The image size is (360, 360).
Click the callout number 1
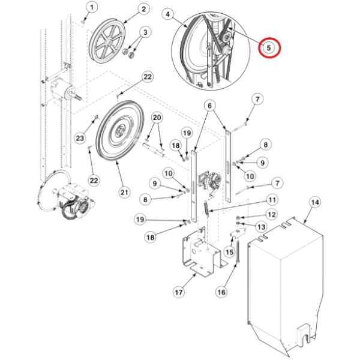click(91, 7)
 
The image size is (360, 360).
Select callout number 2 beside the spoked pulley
click(143, 8)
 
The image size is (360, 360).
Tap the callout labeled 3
click(144, 32)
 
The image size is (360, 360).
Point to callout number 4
click(167, 13)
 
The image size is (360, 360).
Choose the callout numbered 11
click(272, 200)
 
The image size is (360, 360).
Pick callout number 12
click(272, 214)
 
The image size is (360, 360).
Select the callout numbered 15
click(230, 253)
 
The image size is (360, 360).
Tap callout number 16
click(221, 293)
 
